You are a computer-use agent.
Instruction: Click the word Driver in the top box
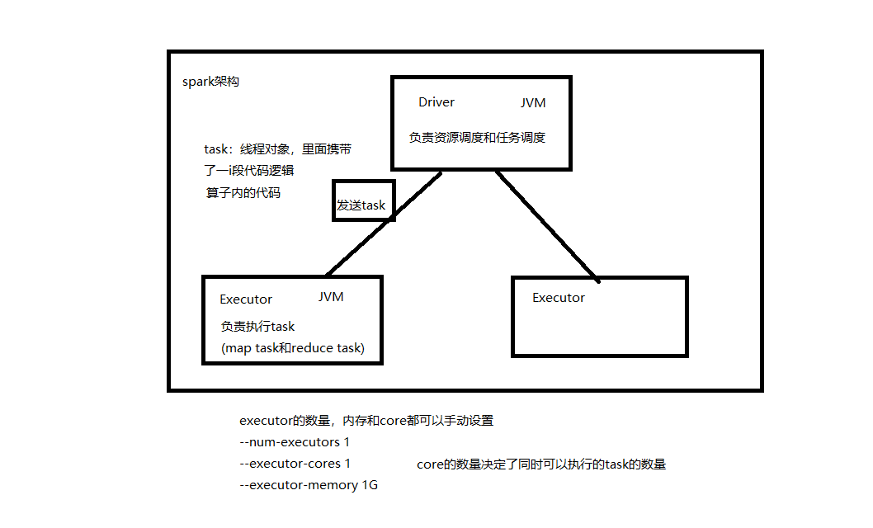(436, 102)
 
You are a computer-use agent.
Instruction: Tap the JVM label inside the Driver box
(533, 103)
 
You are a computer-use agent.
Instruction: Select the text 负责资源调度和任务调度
(477, 138)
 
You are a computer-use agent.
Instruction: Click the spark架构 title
(210, 82)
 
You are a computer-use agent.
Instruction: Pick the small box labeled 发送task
(363, 200)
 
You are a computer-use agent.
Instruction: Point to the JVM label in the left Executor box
(331, 297)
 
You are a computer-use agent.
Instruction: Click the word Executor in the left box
(246, 299)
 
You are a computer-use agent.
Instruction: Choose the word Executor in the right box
(559, 298)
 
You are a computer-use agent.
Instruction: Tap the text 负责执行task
(257, 326)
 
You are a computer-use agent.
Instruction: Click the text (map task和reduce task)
(293, 348)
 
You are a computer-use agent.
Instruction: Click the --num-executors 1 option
(295, 442)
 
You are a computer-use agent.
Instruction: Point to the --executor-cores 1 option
(295, 464)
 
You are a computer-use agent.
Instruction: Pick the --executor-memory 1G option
(308, 485)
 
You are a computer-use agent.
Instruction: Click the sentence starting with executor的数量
(366, 421)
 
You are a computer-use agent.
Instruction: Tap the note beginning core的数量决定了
(541, 464)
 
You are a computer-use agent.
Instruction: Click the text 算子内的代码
(243, 192)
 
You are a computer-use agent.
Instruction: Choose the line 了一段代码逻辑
(250, 171)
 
